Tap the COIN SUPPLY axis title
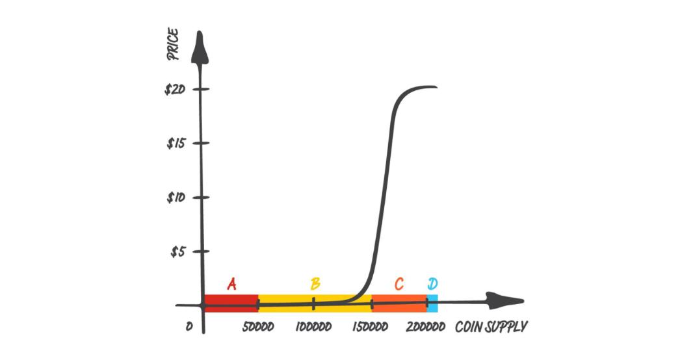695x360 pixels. coord(491,326)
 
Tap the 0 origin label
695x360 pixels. coord(189,326)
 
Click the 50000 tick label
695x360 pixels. coord(257,326)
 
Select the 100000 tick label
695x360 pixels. coord(313,326)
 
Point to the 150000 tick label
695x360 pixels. coord(370,326)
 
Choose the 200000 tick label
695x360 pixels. coord(426,326)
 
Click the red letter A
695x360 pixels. coord(231,284)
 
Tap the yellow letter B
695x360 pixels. coord(315,284)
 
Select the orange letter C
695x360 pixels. coord(399,284)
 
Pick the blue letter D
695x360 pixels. coord(432,284)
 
